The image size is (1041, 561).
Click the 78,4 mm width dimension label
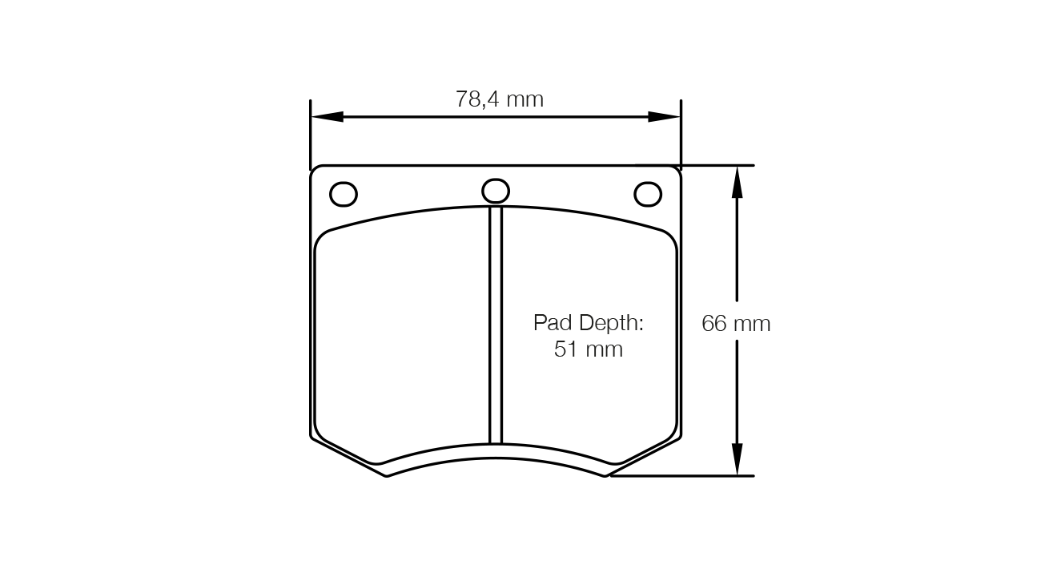(x=500, y=99)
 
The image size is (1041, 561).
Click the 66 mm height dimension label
(x=736, y=324)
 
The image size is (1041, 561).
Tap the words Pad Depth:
(x=589, y=324)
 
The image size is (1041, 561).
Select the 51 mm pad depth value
(x=589, y=349)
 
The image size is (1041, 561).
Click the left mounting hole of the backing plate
(x=344, y=194)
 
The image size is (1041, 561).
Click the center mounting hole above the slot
(x=496, y=191)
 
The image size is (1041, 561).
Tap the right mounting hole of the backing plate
(x=648, y=194)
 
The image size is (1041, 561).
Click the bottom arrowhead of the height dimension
(x=737, y=460)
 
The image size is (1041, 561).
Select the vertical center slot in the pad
(x=496, y=325)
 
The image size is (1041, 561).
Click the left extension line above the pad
(x=311, y=132)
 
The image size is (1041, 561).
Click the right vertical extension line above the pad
(x=681, y=132)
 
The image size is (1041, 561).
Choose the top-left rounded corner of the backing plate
(x=315, y=170)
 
